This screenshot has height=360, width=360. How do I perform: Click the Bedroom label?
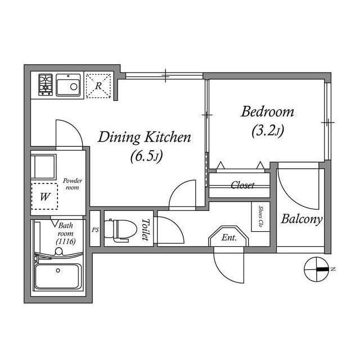pos(268,112)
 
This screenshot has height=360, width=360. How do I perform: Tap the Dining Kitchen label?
pos(145,137)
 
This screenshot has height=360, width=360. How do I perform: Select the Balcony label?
pos(302,219)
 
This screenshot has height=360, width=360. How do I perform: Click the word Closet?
pos(242,185)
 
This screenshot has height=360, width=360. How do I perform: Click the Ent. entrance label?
pos(229,237)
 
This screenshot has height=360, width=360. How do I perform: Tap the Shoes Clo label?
pos(260,217)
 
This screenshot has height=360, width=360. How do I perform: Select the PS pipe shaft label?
pos(95,229)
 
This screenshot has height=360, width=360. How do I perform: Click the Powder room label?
pos(73,184)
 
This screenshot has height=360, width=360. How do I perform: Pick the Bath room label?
pos(66,233)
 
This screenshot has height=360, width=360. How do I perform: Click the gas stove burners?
pos(46,84)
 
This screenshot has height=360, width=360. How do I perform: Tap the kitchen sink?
pos(69,85)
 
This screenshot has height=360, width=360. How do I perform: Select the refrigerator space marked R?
pos(98,86)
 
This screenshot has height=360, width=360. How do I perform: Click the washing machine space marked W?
pos(44,196)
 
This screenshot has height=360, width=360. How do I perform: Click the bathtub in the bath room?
pos(58,276)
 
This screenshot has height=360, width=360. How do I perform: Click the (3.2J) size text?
pos(268,131)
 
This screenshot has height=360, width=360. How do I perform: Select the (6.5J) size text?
pos(147,157)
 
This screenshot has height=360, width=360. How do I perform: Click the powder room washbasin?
pos(43,166)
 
